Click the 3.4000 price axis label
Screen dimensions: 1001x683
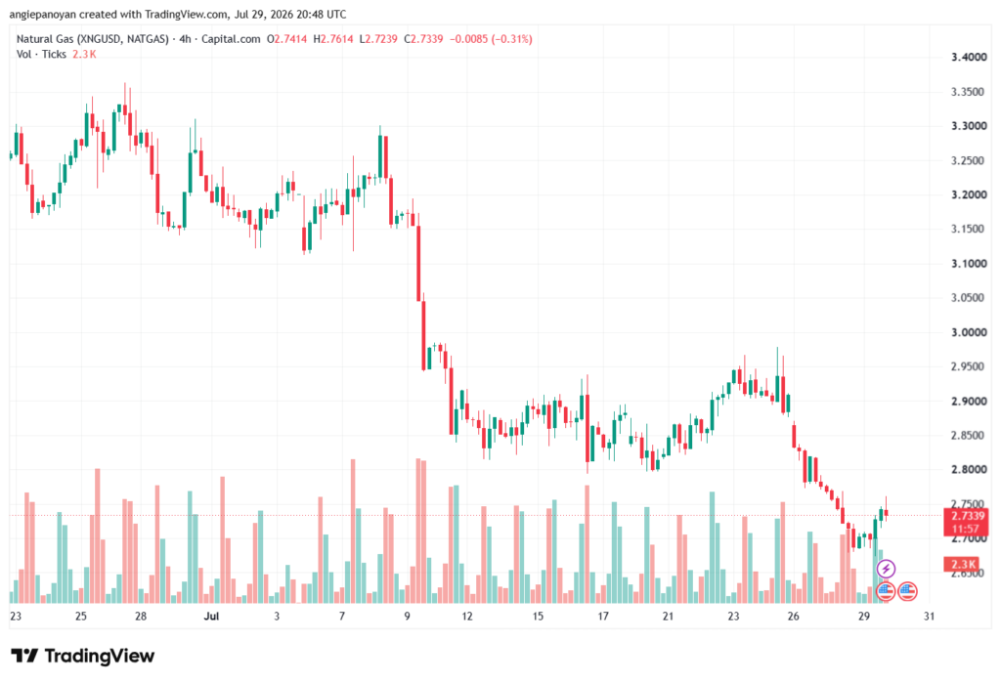point(969,58)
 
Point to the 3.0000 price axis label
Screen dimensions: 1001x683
point(969,332)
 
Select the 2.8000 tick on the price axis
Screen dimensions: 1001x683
point(969,470)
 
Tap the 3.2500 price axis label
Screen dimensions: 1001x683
point(969,161)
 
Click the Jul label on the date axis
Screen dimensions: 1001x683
point(211,616)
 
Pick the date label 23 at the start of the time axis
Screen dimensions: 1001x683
point(16,616)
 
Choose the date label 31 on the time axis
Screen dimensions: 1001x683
point(929,616)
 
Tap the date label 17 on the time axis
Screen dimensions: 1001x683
point(602,616)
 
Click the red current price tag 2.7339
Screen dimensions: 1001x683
point(967,516)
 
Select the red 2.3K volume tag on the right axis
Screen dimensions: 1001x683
point(962,564)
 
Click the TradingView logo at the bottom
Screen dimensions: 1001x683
point(82,656)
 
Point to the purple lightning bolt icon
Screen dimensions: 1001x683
point(886,568)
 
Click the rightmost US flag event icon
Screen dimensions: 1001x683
point(907,591)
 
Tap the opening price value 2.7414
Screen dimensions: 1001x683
point(290,39)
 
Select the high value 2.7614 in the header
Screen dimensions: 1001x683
point(336,39)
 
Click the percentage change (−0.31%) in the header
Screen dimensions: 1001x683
point(511,39)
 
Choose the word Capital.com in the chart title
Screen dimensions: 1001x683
point(231,39)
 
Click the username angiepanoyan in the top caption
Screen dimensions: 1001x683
point(42,14)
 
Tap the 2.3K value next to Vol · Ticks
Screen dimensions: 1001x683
point(84,55)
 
